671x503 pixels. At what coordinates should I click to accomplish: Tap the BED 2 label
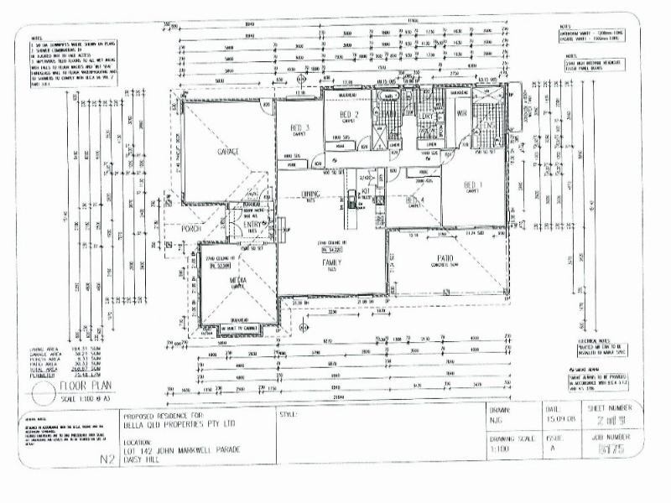(349, 115)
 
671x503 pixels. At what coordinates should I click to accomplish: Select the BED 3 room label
(297, 127)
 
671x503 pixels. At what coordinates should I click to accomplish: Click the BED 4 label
(415, 200)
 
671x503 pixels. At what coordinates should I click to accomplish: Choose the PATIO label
(445, 258)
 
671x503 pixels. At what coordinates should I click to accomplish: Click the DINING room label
(311, 194)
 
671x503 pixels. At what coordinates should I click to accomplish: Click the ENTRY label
(252, 225)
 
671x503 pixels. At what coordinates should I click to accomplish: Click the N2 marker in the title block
(107, 459)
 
